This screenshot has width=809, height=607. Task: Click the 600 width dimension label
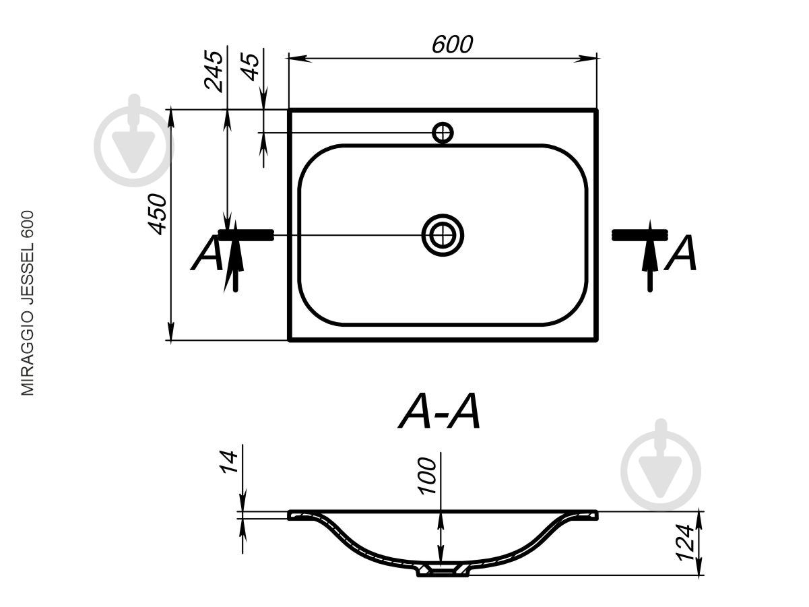click(x=452, y=44)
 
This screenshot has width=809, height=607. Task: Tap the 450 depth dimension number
click(x=158, y=214)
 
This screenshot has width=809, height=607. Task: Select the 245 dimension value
click(x=214, y=71)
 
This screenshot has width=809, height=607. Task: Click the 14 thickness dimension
click(x=228, y=462)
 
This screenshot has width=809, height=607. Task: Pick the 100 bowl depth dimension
click(x=427, y=476)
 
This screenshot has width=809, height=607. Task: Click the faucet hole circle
click(x=443, y=133)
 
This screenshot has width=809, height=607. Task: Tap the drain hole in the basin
click(x=443, y=235)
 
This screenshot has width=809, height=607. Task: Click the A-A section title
click(x=440, y=412)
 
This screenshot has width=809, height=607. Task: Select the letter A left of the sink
click(x=206, y=253)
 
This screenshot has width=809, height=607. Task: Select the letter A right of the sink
click(x=680, y=253)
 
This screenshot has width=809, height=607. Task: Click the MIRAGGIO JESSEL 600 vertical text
click(x=28, y=303)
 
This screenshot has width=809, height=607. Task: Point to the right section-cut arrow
click(x=650, y=256)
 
